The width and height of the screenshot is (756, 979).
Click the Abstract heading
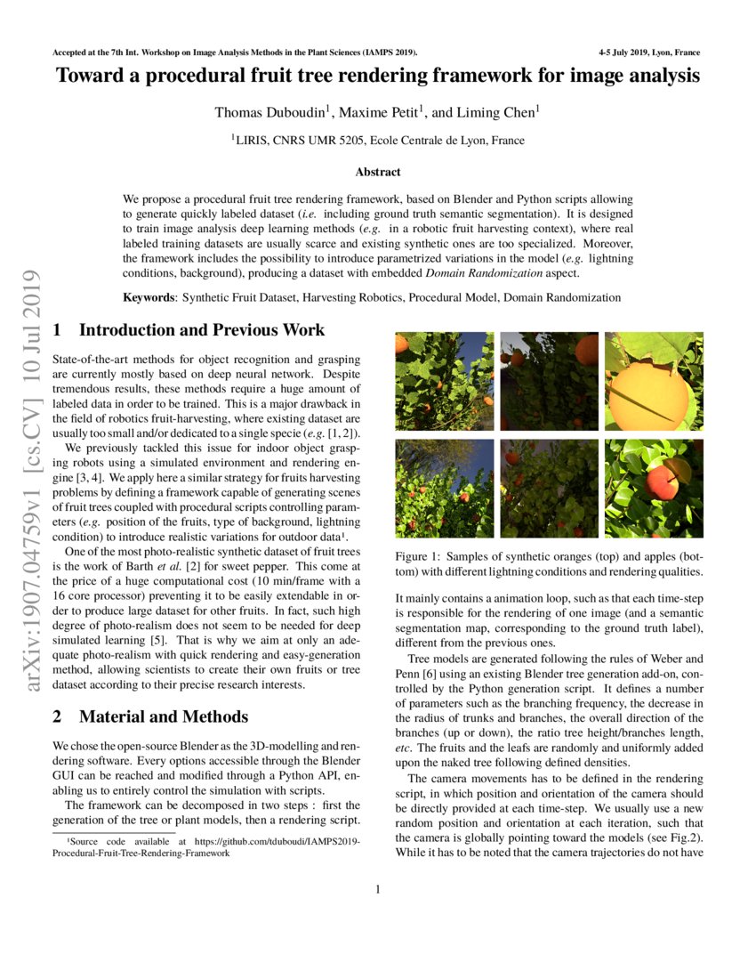point(378,172)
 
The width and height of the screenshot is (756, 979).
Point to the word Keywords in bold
point(149,296)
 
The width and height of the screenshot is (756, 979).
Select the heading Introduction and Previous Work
point(202,330)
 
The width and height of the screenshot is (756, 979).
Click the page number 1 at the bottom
point(378,890)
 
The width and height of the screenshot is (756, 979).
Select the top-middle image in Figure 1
point(549,382)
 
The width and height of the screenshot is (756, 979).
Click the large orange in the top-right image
point(647,392)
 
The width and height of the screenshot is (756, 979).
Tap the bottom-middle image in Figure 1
point(549,489)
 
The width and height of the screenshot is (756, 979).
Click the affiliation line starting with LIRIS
point(378,140)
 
